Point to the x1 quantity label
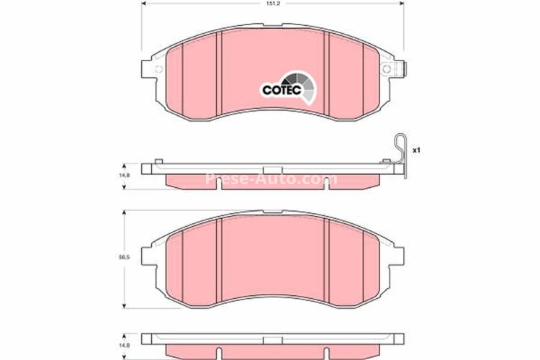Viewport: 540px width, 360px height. (x=415, y=151)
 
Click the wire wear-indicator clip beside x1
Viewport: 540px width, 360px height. (x=400, y=155)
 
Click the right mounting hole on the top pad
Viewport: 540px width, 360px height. (x=387, y=69)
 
